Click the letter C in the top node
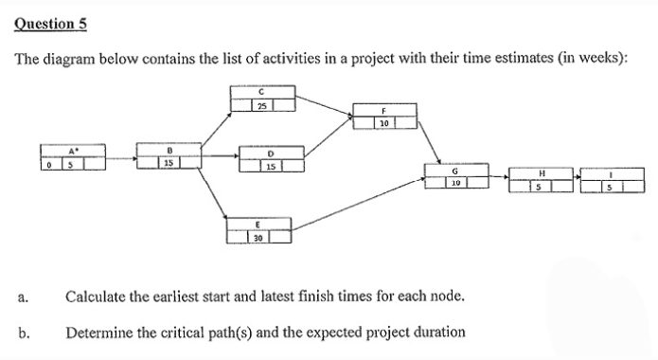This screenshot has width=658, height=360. pos(261,90)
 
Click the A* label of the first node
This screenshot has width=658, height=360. pos(73,150)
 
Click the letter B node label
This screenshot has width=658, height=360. pos(169,149)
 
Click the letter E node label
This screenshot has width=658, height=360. pos(258,224)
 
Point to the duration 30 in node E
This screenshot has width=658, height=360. pos(258,237)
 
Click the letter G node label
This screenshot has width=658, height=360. pos(455,170)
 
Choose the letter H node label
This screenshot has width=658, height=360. pos(542,172)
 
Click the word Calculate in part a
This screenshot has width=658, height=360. pos(95,297)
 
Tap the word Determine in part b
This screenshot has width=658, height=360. pos(98,333)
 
